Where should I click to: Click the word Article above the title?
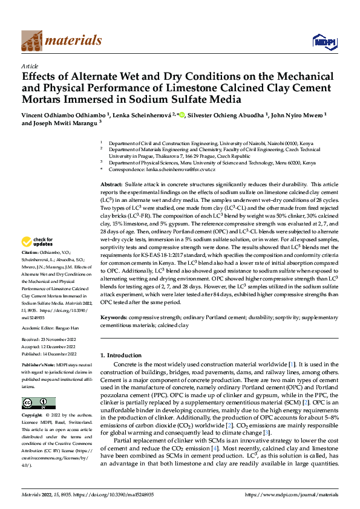(x=30, y=66)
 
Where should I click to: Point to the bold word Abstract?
(x=111, y=183)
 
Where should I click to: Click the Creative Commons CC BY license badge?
(x=39, y=403)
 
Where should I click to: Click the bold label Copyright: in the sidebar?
(x=33, y=416)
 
